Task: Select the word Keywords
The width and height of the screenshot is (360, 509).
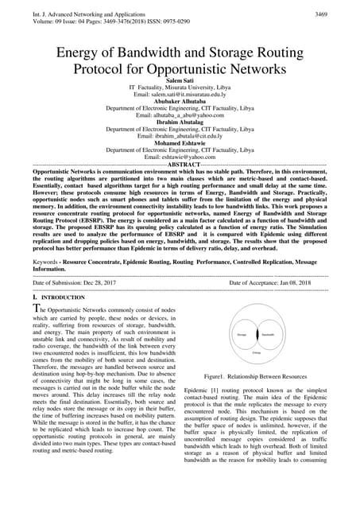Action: pyautogui.click(x=49, y=261)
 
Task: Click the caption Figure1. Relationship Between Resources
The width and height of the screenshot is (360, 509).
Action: pyautogui.click(x=255, y=373)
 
